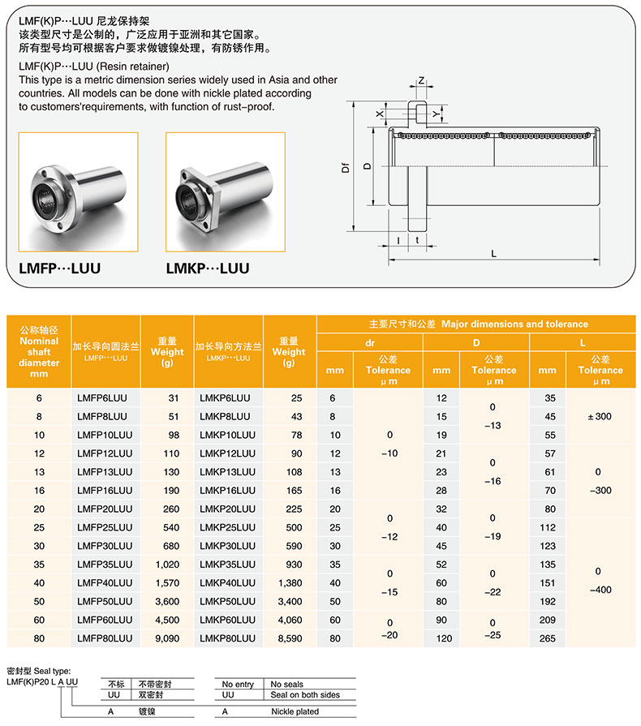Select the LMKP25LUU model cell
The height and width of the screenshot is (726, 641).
coord(226,527)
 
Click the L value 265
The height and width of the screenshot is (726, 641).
coord(548,638)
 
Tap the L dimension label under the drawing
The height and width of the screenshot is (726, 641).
coord(493,252)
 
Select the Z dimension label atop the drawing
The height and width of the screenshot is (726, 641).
coord(422,81)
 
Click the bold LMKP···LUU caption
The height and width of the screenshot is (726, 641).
coord(208,268)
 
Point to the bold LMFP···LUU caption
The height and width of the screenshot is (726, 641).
coord(59,268)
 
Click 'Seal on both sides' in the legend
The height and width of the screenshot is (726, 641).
coord(305,695)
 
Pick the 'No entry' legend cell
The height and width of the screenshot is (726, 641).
coord(238,685)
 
